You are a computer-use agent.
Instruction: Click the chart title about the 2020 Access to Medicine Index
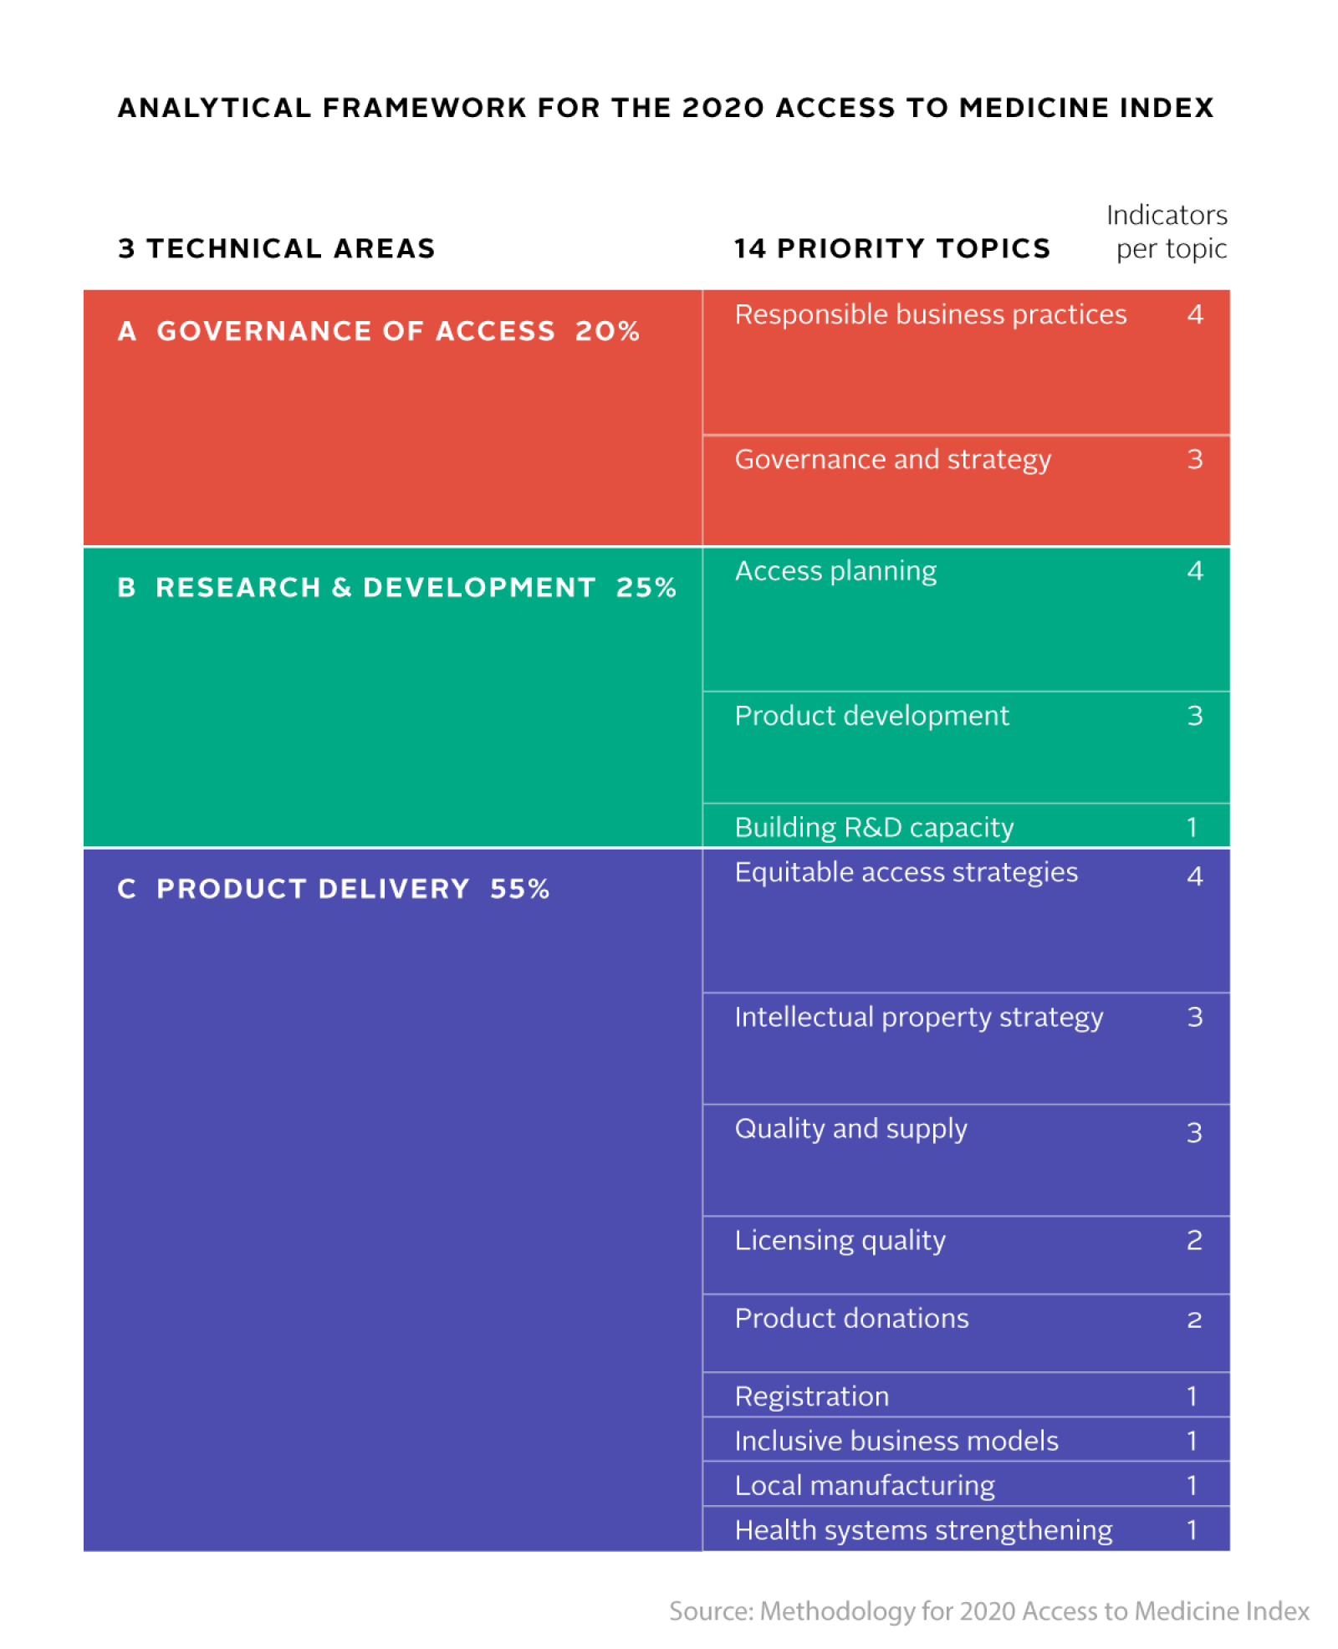tap(665, 108)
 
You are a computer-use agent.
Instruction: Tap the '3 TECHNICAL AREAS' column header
tap(277, 248)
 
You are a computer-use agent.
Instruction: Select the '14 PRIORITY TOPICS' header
tap(891, 248)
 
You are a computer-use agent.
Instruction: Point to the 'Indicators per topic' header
tap(1167, 232)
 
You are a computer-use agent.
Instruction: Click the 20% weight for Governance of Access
tap(607, 331)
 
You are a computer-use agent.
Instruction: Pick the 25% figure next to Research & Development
tap(646, 587)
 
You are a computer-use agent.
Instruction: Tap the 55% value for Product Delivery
tap(519, 888)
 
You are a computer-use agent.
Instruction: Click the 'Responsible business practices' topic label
tap(930, 314)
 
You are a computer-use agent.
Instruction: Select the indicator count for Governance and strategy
tap(1194, 459)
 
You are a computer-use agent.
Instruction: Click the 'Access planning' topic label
tap(835, 571)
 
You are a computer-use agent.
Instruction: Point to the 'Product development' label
tap(871, 716)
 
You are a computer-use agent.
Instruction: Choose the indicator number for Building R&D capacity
tap(1192, 827)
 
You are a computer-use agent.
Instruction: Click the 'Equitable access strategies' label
tap(906, 872)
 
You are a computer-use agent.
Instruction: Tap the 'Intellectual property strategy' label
tap(918, 1017)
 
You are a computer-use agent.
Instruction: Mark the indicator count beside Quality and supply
tap(1194, 1132)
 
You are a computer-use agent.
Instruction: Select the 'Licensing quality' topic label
tap(840, 1240)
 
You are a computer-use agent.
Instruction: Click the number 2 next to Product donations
tap(1194, 1320)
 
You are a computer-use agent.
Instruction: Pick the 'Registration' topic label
tap(811, 1396)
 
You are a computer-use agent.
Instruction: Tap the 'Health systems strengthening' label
tap(923, 1529)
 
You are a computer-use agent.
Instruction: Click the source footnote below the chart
tap(988, 1611)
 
